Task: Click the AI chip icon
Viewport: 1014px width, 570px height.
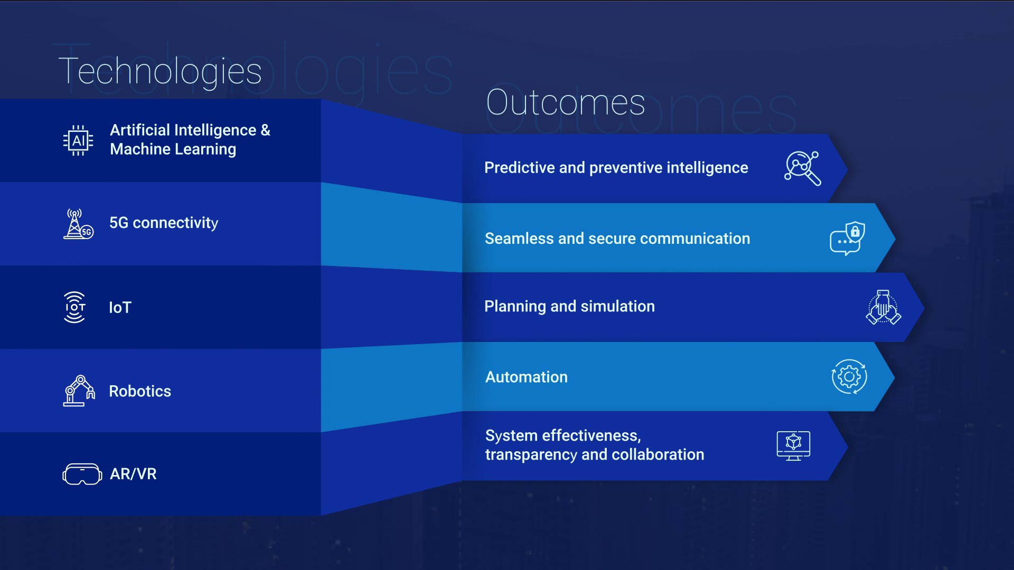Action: point(78,140)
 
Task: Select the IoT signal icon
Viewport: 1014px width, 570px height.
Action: point(74,307)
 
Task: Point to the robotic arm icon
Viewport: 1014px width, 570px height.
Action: point(79,391)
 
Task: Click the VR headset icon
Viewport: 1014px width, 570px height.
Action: point(82,474)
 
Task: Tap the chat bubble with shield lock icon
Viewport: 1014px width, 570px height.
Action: point(847,239)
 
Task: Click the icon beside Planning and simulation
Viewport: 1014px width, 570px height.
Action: point(883,307)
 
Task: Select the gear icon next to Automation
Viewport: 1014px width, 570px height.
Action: point(849,377)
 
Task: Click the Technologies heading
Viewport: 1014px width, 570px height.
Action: point(160,71)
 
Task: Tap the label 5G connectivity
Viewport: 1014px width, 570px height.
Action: point(164,223)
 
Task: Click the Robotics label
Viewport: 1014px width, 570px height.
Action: point(140,391)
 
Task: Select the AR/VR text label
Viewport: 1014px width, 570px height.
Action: point(133,474)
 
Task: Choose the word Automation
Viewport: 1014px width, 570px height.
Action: point(527,377)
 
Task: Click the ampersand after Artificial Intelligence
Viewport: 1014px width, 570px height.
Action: point(266,130)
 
